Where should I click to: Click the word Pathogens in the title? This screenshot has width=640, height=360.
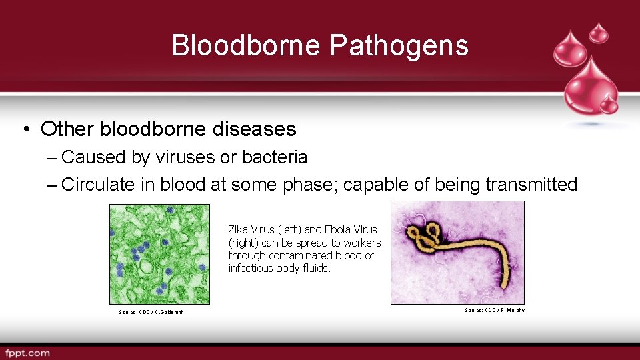pos(399,45)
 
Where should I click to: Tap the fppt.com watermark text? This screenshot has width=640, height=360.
pos(27,352)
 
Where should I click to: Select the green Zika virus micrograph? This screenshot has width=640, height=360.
pos(159,254)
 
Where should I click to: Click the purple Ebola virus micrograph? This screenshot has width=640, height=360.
pos(457,253)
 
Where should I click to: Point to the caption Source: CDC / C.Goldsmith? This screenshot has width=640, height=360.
pos(151,312)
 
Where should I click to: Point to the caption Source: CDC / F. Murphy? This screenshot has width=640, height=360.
pos(494,310)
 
